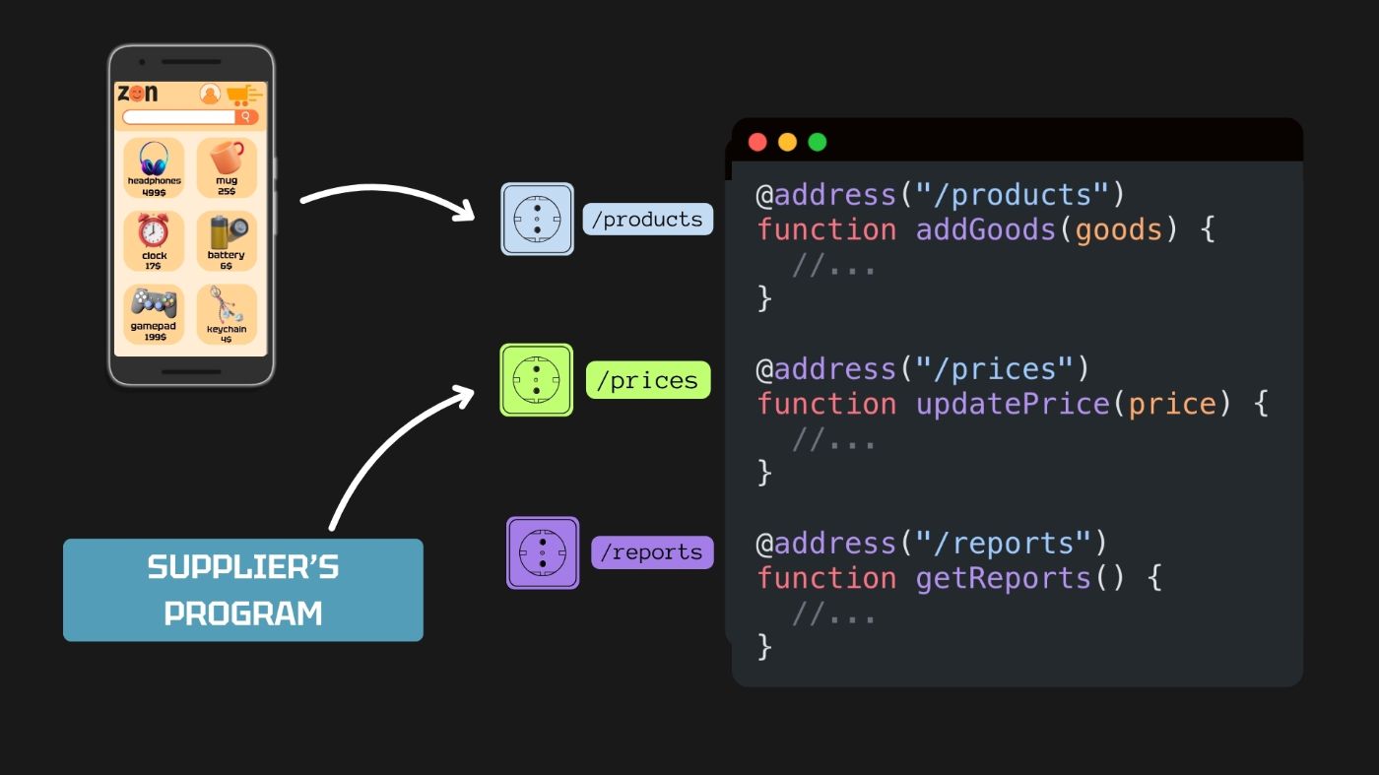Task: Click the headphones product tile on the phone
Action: tap(154, 166)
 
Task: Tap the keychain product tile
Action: tap(227, 313)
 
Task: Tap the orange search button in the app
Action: tap(246, 117)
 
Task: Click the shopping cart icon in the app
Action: tap(241, 95)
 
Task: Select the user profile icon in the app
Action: tap(210, 95)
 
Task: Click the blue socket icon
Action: tap(537, 219)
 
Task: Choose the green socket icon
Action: tap(537, 379)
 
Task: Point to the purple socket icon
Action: tap(543, 552)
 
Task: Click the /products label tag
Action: tap(647, 219)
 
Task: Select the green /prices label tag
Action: tap(647, 380)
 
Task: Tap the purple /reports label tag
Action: tap(651, 552)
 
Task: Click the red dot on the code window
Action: tap(757, 142)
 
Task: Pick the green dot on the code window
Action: tap(817, 142)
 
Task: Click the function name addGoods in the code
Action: tap(986, 230)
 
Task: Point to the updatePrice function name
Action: tap(1012, 405)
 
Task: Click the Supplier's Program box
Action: tap(243, 590)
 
